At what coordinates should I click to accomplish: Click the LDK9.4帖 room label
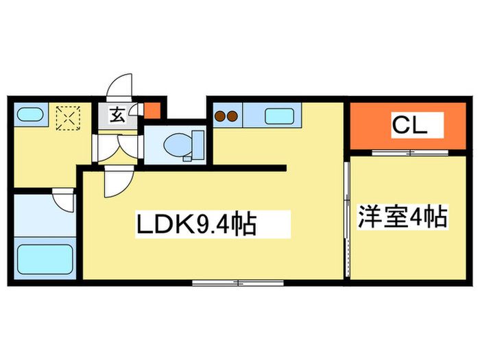196,224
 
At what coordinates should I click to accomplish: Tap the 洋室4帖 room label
403,217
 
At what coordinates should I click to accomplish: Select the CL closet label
410,125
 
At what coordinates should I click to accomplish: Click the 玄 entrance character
117,115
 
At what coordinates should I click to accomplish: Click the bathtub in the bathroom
45,259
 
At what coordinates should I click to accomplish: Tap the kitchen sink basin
279,117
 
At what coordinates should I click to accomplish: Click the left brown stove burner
220,116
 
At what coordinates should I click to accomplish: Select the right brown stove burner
232,116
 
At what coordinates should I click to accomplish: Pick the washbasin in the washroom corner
29,115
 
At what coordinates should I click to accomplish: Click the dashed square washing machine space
68,117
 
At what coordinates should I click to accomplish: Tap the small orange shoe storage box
152,110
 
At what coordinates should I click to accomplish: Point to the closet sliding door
410,152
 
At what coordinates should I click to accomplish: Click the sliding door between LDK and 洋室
347,219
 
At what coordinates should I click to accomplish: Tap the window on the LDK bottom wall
238,283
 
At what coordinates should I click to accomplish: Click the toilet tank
197,145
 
